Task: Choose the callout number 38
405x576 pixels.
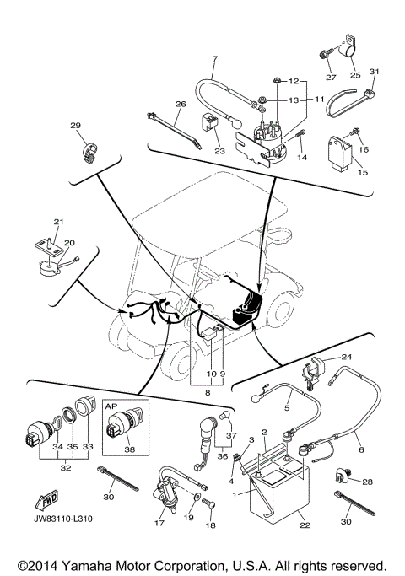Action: [x=130, y=450]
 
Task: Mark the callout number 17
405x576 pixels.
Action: [x=160, y=523]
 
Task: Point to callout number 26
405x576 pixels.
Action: [x=180, y=105]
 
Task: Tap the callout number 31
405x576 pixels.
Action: [x=376, y=70]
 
